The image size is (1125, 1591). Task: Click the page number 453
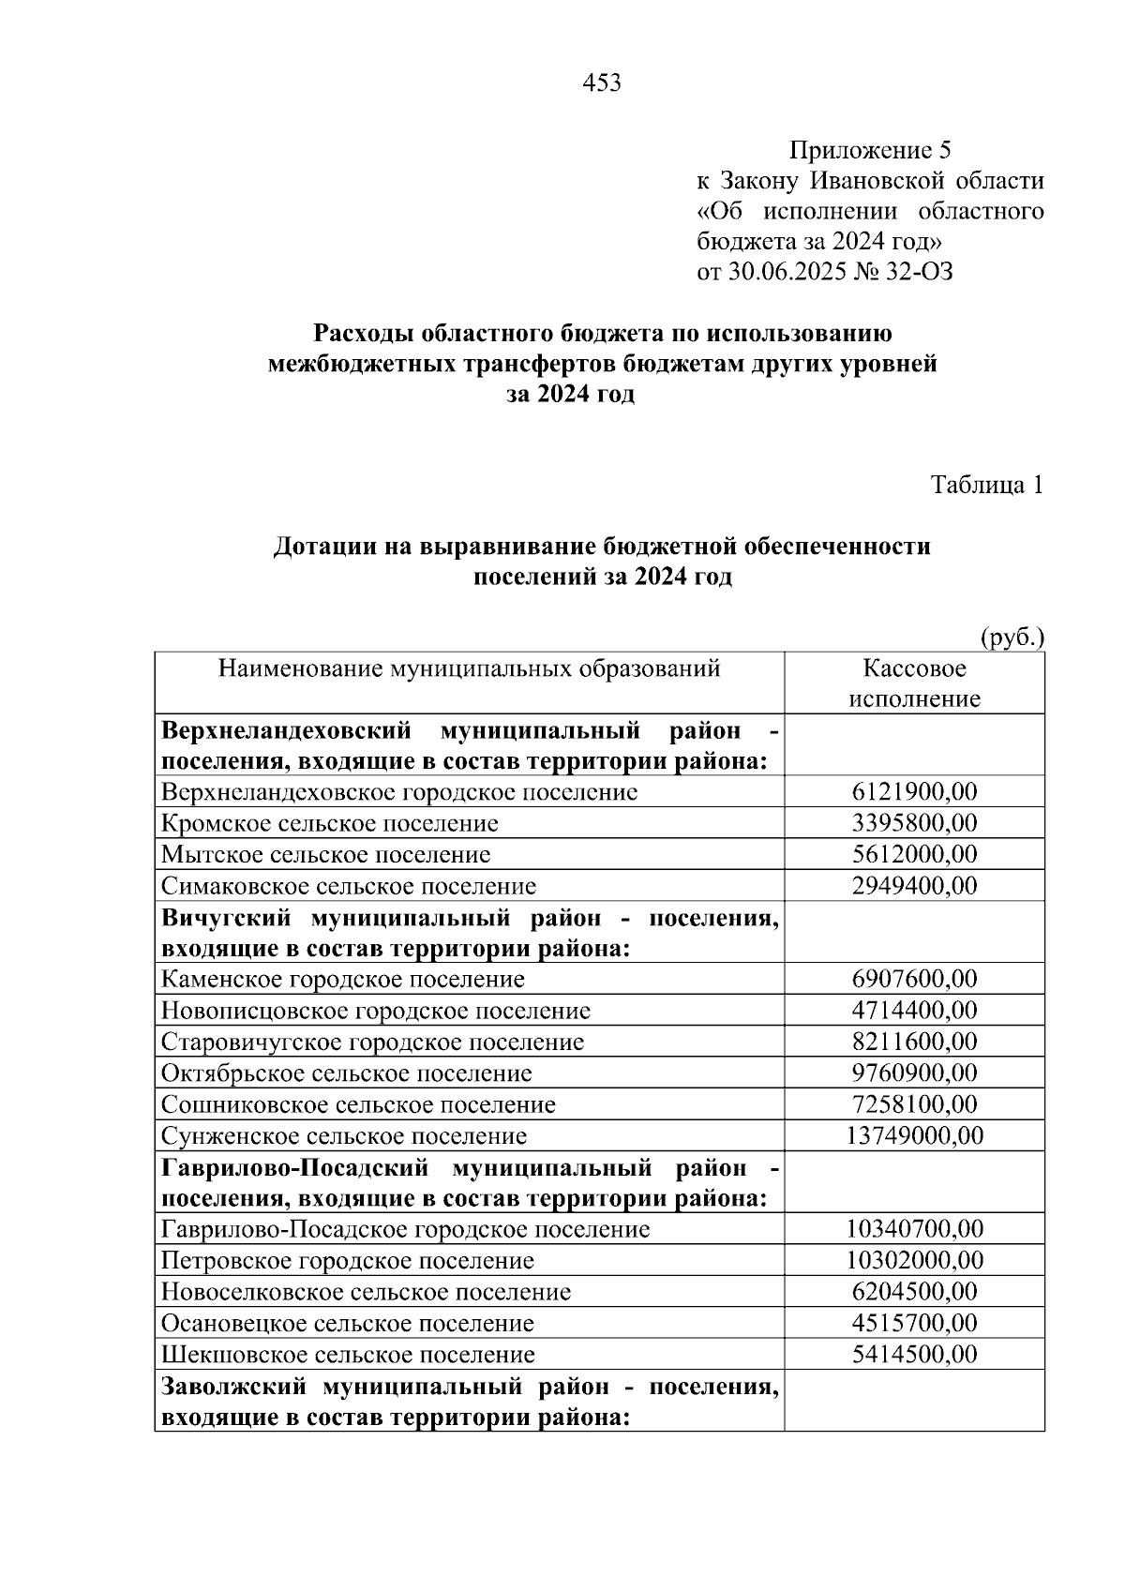pos(602,83)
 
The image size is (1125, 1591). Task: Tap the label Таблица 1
pos(986,485)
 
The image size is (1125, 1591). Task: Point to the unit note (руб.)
pos(1012,638)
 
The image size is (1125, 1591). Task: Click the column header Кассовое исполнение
pos(914,683)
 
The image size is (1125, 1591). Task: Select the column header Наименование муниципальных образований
pos(469,668)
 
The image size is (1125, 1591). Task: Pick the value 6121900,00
pos(914,792)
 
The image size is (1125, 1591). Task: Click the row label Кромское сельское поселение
pos(330,823)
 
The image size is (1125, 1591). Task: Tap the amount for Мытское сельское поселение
pos(914,854)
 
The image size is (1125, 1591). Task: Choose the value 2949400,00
pos(914,886)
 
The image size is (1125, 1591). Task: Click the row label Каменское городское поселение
pos(343,980)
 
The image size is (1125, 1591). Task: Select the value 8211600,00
pos(914,1042)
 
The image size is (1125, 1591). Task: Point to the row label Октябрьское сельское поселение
pos(347,1073)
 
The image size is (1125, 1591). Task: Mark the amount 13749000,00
pos(914,1135)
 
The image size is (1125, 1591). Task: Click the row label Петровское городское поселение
pos(348,1261)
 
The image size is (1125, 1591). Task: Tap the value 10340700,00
pos(914,1229)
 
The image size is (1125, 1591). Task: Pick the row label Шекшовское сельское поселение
pos(349,1355)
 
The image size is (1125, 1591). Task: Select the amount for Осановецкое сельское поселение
pos(914,1323)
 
